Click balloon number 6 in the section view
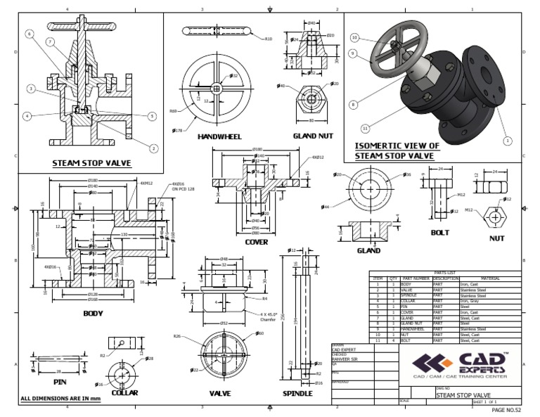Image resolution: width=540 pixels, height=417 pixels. pos(29,34)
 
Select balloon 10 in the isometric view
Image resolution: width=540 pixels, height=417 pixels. pos(354,38)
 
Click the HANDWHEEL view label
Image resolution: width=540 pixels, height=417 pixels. pos(220,136)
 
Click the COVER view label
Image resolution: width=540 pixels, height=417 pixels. pos(256,242)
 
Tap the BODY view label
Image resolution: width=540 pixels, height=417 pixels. pos(93,314)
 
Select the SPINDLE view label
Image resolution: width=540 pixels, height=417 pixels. pos(297,393)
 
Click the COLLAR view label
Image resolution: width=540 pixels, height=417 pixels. pos(124,392)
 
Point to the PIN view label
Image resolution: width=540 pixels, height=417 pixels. pos(44,383)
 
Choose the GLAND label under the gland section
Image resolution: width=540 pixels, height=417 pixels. pos(368,250)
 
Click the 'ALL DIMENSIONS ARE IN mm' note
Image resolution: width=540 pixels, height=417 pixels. pos(61,399)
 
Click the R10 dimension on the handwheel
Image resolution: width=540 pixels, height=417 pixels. pos(267,39)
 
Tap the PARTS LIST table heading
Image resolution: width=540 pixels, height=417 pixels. pos(446,273)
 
